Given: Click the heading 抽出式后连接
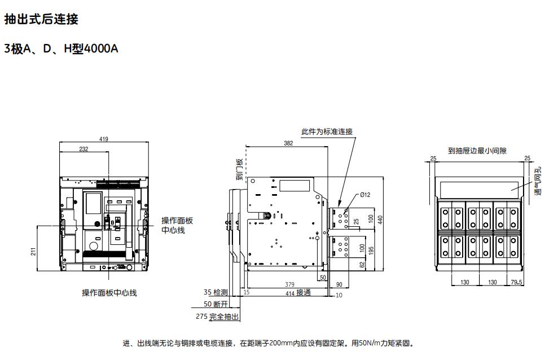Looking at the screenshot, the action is (41, 19).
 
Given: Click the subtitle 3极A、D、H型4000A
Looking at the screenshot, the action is (61, 49).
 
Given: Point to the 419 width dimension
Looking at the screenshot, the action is (104, 139).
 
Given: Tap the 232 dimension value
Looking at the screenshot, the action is (84, 149).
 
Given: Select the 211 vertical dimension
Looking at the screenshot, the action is (33, 252).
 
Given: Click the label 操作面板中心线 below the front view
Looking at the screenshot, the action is (109, 293).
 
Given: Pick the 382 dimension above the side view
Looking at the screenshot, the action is (288, 143).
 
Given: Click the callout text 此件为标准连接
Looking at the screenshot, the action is (327, 131).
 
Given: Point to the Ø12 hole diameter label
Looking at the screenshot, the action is (365, 195).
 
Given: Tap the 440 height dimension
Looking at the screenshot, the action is (380, 220).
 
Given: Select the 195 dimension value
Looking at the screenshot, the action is (371, 251).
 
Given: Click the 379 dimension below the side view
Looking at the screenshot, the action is (289, 284).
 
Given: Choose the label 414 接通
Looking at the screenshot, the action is (298, 293).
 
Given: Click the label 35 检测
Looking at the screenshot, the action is (216, 292).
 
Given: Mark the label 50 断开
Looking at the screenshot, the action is (216, 304).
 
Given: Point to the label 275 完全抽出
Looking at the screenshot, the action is (217, 317).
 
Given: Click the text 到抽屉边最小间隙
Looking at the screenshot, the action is (477, 151).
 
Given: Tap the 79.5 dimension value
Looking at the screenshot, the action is (516, 282).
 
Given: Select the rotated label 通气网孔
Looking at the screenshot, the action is (538, 181).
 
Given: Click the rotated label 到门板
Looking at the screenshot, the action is (239, 169).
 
